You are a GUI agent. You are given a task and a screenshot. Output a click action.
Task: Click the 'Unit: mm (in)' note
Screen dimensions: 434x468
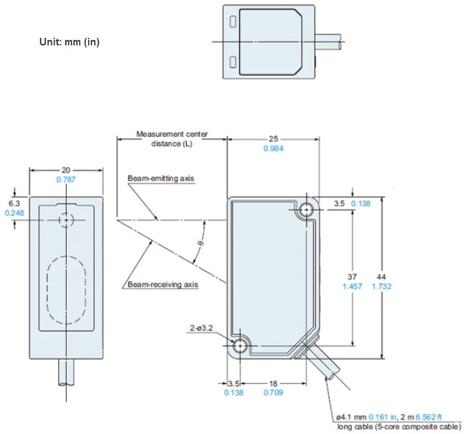click(69, 43)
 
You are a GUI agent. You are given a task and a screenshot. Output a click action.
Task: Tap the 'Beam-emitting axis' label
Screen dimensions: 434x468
click(161, 179)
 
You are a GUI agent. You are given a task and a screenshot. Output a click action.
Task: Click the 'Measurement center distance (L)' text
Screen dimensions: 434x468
click(172, 138)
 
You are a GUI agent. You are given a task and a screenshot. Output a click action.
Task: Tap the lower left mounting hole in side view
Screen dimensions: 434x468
click(241, 346)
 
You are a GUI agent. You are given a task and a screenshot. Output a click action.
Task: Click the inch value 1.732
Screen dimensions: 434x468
click(381, 286)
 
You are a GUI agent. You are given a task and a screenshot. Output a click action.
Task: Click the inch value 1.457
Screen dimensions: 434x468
click(353, 286)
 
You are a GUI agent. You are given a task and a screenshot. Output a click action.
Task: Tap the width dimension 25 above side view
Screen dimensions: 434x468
click(274, 138)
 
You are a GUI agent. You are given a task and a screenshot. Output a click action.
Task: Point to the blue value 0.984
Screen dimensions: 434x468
click(274, 148)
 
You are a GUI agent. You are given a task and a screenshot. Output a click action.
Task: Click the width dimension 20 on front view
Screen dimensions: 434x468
click(66, 169)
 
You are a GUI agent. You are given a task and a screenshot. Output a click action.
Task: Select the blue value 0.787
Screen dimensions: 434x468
click(66, 179)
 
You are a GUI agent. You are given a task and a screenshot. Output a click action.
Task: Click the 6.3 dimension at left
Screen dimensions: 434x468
click(14, 204)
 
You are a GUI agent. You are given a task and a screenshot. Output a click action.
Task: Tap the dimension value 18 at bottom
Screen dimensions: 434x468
click(274, 383)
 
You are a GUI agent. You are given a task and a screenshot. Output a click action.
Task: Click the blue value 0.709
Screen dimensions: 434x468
click(274, 393)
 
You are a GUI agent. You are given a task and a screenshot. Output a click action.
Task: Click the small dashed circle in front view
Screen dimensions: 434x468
click(66, 220)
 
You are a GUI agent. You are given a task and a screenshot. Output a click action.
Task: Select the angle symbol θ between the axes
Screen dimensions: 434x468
click(200, 243)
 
